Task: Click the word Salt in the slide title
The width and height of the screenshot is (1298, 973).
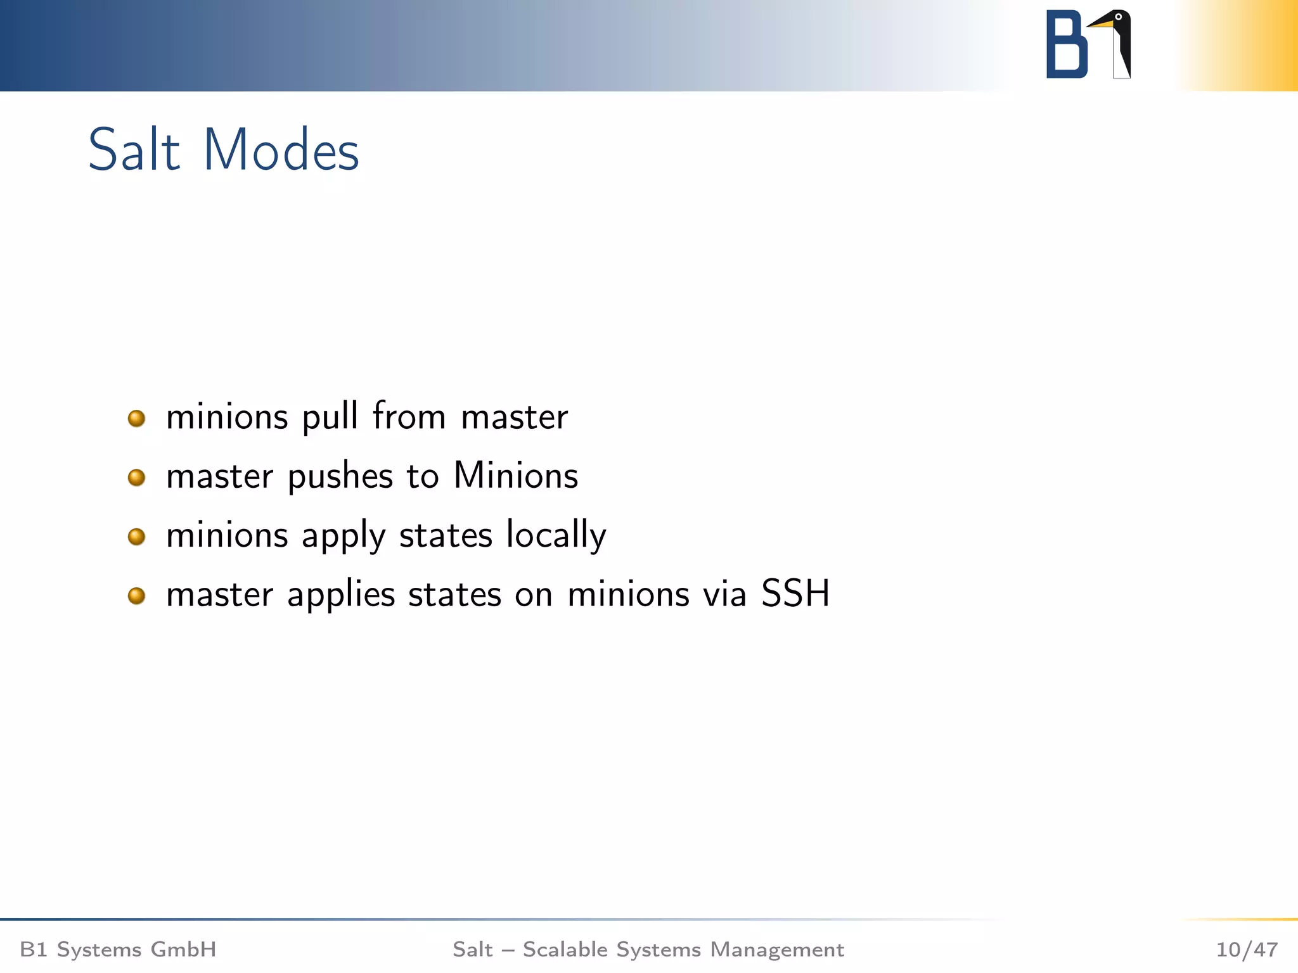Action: point(134,151)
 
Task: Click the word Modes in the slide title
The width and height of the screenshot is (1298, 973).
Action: point(281,151)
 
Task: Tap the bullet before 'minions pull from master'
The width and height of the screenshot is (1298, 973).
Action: point(136,419)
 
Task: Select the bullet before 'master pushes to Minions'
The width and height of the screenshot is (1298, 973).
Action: point(136,478)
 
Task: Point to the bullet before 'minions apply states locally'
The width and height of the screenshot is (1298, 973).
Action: point(136,537)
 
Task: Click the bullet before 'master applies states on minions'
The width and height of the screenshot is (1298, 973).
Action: point(136,596)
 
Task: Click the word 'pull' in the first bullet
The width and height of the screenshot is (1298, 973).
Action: point(330,417)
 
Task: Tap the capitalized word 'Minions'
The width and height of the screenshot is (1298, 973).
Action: point(516,475)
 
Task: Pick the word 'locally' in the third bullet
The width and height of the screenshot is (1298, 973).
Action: point(556,536)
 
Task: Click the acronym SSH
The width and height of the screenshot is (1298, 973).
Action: point(795,594)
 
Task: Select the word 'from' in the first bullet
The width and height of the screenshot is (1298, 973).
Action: point(409,416)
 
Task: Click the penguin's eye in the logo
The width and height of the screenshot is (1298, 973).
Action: point(1119,17)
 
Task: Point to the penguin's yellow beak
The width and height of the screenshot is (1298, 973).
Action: point(1101,24)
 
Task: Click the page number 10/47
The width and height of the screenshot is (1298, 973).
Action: point(1246,950)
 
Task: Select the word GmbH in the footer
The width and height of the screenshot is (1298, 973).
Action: point(183,950)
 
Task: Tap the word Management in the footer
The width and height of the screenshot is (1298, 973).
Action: point(777,950)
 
